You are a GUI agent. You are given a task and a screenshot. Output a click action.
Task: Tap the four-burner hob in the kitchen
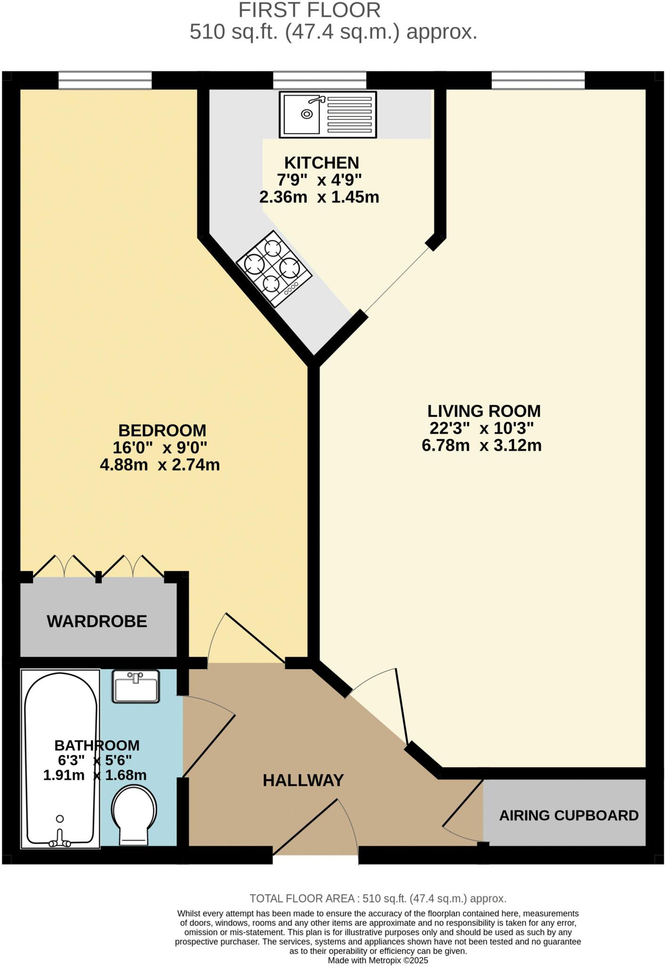[274, 268]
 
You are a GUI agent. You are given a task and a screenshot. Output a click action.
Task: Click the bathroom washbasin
[136, 687]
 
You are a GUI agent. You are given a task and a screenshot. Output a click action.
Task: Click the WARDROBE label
[97, 621]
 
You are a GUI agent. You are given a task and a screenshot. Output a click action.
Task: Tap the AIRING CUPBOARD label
[568, 815]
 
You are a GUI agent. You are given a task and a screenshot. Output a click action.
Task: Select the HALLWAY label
[303, 780]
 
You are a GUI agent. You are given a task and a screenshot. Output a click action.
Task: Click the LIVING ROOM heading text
[483, 411]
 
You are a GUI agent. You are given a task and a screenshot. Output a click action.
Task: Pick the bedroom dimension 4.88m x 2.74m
[159, 465]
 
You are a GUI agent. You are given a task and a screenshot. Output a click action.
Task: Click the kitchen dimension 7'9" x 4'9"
[319, 180]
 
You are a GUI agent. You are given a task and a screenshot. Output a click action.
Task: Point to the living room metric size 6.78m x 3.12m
[481, 445]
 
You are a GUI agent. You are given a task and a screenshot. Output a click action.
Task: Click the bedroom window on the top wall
[105, 80]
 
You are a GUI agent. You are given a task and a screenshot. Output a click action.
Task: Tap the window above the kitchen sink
[319, 80]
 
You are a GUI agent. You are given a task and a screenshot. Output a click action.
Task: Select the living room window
[538, 80]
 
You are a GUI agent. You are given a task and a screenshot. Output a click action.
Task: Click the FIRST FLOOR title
[309, 10]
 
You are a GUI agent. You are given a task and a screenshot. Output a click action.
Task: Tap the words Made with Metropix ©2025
[378, 960]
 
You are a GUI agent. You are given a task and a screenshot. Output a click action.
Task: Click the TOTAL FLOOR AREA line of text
[378, 899]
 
